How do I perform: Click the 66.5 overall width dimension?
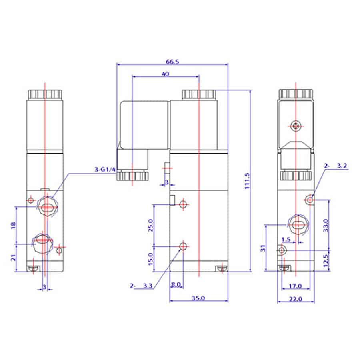[x=172, y=62]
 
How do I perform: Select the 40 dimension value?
[x=166, y=74]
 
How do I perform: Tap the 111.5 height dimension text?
[x=247, y=181]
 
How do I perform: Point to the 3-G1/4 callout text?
[x=105, y=170]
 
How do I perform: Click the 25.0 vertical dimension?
[x=150, y=226]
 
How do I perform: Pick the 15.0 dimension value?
[x=150, y=259]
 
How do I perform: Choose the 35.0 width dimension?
[x=198, y=298]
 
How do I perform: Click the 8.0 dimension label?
[x=176, y=285]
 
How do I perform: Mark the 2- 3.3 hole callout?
[x=141, y=286]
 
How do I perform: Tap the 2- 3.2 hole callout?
[x=336, y=166]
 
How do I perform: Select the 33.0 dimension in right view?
[x=326, y=226]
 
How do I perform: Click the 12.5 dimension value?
[x=326, y=260]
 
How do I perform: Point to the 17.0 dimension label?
[x=295, y=286]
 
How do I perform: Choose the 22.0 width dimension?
[x=296, y=299]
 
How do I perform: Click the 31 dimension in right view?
[x=263, y=248]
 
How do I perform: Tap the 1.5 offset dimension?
[x=286, y=240]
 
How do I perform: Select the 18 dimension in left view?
[x=13, y=226]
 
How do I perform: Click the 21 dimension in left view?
[x=13, y=258]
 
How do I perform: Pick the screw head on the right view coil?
[x=296, y=126]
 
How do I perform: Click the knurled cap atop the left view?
[x=45, y=94]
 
